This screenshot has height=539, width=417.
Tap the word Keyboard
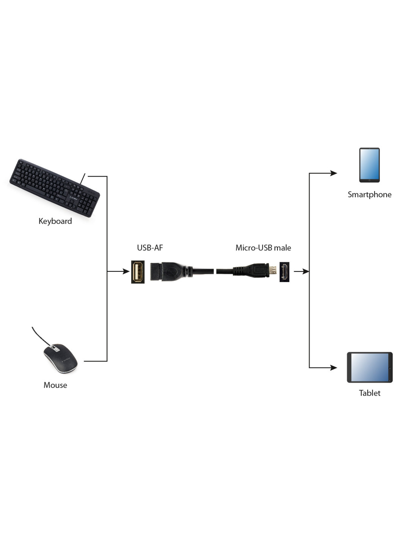coord(55,221)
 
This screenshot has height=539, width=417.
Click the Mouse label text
coord(55,385)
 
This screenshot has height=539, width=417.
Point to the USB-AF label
coord(150,248)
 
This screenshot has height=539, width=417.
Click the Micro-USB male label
coord(263,248)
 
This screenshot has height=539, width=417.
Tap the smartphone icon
coord(369,165)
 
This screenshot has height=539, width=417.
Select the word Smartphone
coord(369,194)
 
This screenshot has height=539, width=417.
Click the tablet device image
coord(370,367)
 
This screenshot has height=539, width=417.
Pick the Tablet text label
coord(370,393)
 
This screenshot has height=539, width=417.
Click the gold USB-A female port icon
coord(138,272)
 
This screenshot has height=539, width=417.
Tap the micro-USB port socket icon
coord(284,272)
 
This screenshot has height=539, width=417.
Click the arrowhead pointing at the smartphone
coord(333,173)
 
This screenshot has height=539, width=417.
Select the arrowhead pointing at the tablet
coord(333,367)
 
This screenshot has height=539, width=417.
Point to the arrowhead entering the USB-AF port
coord(126,271)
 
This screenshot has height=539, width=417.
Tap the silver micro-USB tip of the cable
coord(273,271)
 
